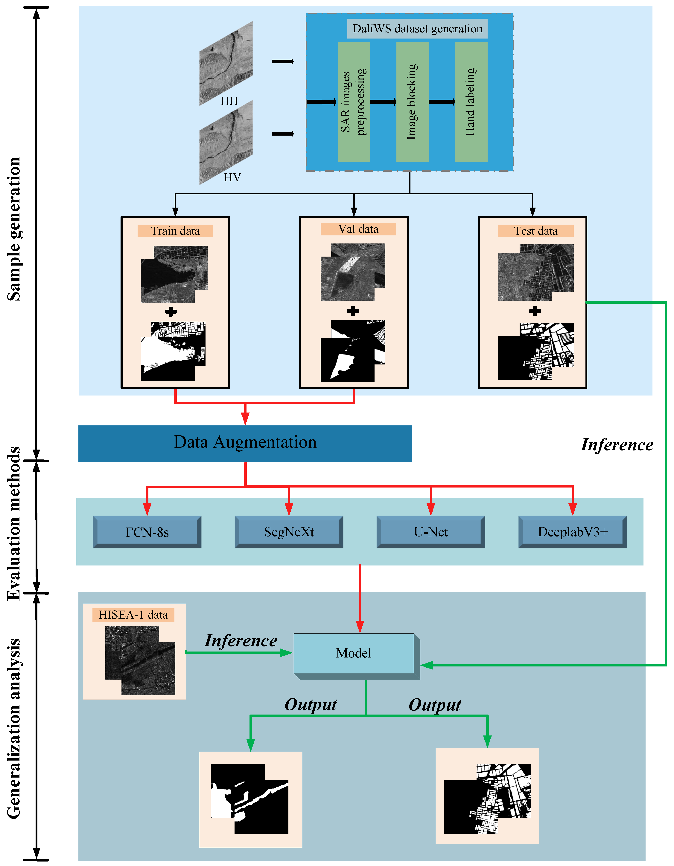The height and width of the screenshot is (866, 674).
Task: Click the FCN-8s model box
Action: (x=147, y=532)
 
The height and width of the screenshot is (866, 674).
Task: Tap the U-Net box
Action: (x=431, y=532)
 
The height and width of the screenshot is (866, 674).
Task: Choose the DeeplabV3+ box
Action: (x=572, y=532)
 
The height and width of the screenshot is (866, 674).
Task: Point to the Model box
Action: (x=354, y=653)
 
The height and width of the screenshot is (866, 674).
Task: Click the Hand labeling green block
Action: (x=471, y=102)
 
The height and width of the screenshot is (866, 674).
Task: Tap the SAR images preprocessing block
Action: (x=354, y=102)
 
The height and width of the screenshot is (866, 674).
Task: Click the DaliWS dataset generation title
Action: (x=417, y=29)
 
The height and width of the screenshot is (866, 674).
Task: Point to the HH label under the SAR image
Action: (x=229, y=101)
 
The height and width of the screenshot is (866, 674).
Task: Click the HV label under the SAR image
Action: (x=232, y=178)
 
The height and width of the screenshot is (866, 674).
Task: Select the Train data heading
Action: (x=175, y=231)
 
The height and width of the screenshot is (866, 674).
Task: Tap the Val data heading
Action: (x=358, y=229)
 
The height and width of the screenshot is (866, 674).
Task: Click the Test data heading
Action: (x=535, y=231)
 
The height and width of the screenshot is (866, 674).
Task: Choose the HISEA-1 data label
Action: (x=133, y=615)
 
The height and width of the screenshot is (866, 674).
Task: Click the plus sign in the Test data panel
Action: (x=535, y=311)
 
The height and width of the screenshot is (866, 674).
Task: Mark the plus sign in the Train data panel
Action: (x=171, y=312)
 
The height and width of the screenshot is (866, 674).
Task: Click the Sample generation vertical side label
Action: (x=14, y=229)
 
